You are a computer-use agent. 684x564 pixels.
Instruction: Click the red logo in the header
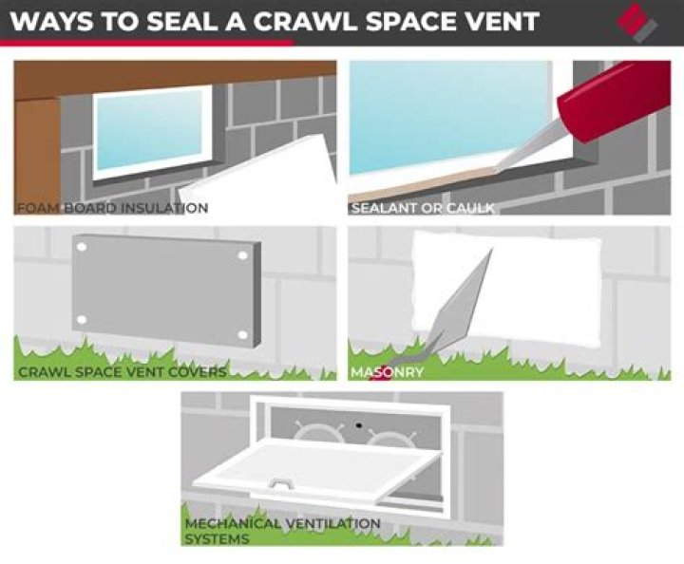tap(637, 23)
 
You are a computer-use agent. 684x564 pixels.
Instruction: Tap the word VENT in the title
tap(496, 21)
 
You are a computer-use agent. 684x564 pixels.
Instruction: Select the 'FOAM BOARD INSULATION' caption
tap(112, 208)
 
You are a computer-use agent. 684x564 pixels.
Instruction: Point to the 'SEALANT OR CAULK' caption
tap(423, 208)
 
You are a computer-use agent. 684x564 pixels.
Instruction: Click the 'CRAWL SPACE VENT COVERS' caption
tap(123, 372)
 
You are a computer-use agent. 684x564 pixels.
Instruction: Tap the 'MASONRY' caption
tap(388, 372)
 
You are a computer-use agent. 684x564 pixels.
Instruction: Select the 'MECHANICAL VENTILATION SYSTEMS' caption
tap(283, 531)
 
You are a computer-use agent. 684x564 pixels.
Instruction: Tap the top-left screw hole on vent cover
tap(82, 247)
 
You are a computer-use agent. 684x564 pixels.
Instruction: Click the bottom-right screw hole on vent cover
tap(243, 335)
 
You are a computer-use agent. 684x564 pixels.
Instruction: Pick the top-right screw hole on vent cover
tap(243, 255)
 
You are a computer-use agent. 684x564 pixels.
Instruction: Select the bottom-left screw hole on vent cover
tap(82, 320)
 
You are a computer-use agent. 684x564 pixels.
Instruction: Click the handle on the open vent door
tap(279, 481)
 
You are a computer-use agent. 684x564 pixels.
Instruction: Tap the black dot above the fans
tap(359, 425)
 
